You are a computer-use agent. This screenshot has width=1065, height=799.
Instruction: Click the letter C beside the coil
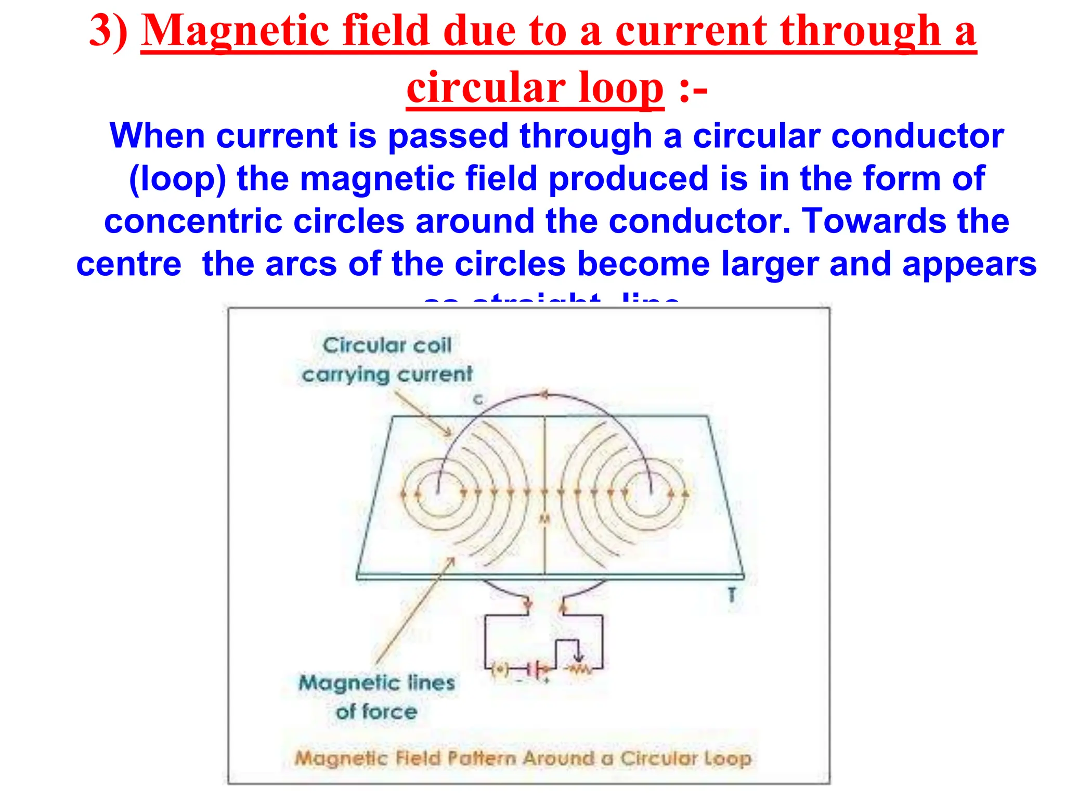pyautogui.click(x=478, y=399)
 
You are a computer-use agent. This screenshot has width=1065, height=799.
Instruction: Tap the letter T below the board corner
pyautogui.click(x=732, y=594)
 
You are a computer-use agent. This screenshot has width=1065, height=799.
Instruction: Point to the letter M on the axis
pyautogui.click(x=544, y=519)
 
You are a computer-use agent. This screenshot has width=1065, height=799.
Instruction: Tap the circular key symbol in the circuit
pyautogui.click(x=500, y=669)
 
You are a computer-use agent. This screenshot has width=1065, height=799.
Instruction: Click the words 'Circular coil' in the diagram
pyautogui.click(x=387, y=345)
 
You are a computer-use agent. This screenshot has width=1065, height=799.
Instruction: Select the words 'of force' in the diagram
pyautogui.click(x=376, y=712)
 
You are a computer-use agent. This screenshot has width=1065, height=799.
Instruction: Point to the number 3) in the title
pyautogui.click(x=109, y=31)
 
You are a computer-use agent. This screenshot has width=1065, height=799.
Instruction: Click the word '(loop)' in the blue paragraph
pyautogui.click(x=177, y=178)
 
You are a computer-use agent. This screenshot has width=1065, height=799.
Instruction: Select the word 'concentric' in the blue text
pyautogui.click(x=193, y=221)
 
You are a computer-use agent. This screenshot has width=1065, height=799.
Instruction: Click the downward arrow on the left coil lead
pyautogui.click(x=528, y=605)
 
